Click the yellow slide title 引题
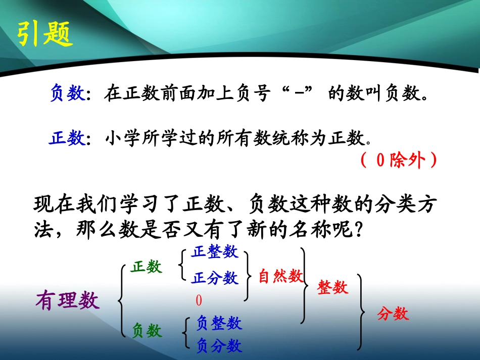(45, 34)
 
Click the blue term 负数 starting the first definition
(67, 93)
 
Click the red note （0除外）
(399, 160)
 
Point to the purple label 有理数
(68, 301)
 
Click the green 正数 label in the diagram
(147, 267)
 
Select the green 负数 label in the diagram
(147, 331)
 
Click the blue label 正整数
(215, 252)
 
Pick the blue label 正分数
(215, 277)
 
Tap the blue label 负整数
(219, 323)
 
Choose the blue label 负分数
(219, 346)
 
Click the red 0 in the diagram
(199, 301)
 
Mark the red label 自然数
(280, 277)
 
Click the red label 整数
(333, 287)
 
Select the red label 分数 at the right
(393, 314)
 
